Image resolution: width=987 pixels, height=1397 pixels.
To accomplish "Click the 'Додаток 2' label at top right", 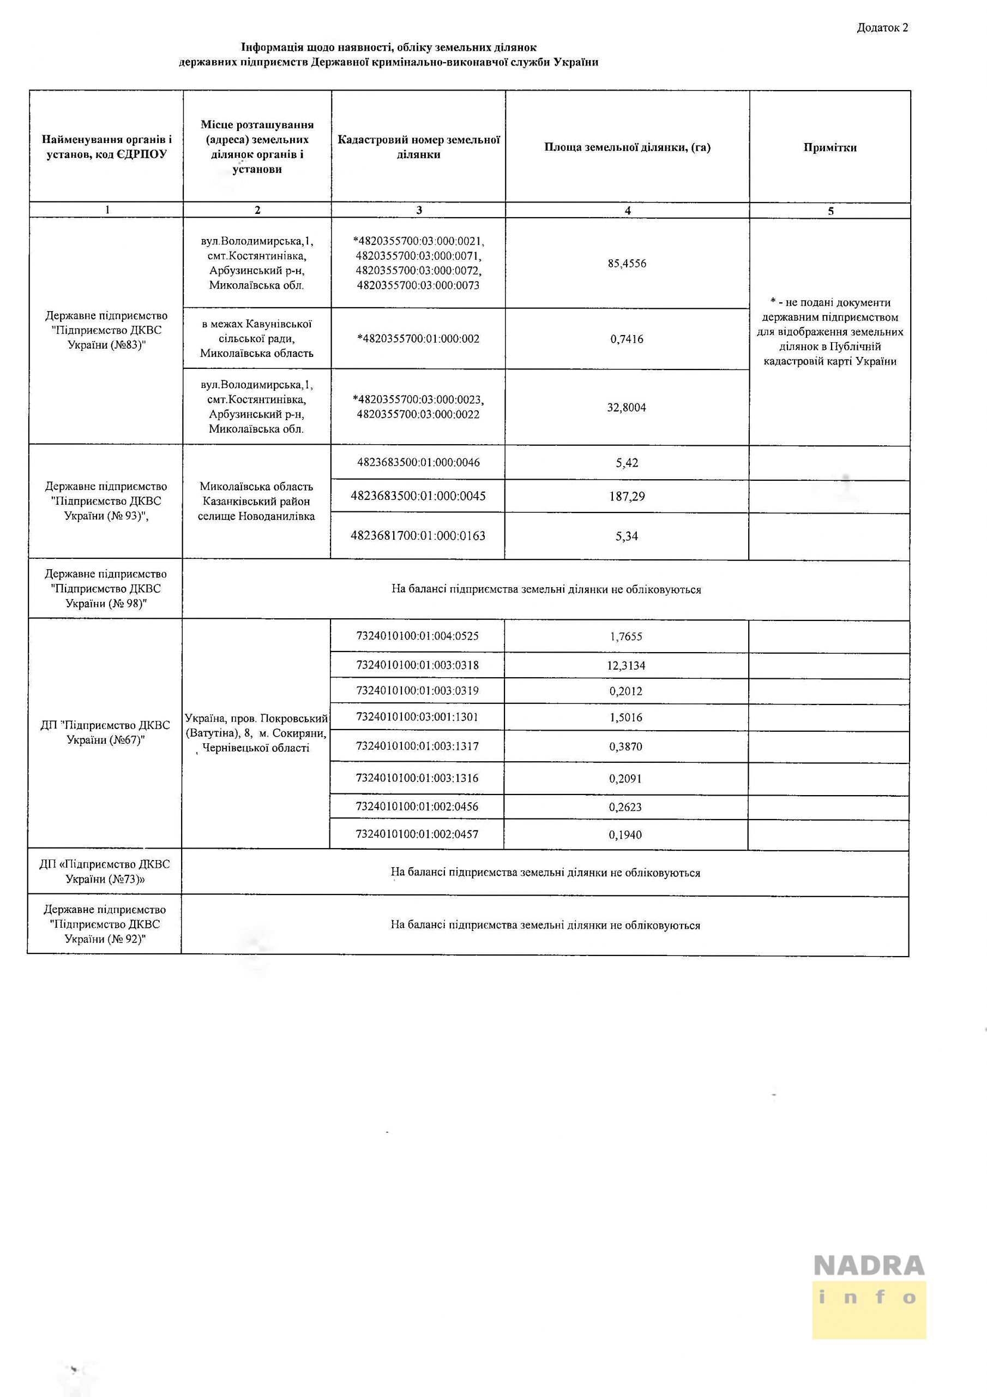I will click(882, 27).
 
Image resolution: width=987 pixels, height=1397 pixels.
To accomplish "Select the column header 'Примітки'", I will click(829, 147).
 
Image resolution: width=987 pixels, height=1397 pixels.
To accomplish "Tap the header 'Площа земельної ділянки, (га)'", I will click(627, 147).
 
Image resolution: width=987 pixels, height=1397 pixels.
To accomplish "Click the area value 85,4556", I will click(627, 264).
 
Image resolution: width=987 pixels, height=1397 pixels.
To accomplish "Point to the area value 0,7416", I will click(627, 339).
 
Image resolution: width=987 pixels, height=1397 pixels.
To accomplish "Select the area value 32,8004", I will click(627, 407).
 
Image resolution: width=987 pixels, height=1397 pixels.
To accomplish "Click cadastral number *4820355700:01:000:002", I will click(418, 339).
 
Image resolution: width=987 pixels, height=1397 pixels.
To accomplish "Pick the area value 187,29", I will click(627, 497).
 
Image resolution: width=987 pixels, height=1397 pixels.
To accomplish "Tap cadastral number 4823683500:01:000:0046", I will click(418, 462).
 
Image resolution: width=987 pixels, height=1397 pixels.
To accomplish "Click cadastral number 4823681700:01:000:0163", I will click(418, 536).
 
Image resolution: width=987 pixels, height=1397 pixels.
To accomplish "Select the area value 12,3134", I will click(626, 666).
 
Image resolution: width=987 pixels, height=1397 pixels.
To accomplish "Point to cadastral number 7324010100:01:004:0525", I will click(417, 636).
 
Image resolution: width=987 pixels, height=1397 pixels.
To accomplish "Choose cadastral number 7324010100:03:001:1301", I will click(417, 717).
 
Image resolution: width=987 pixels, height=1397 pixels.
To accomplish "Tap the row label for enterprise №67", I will click(105, 732).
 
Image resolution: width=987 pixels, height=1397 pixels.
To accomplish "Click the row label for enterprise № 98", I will click(106, 588).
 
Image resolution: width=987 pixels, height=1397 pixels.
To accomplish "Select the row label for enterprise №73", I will click(105, 871).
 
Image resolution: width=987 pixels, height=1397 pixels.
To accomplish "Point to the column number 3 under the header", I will click(419, 210).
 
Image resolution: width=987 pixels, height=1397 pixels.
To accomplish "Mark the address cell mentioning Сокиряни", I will click(256, 733).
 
